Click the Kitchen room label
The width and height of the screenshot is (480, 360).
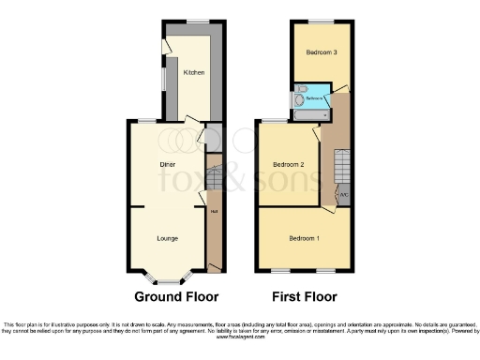click(194, 72)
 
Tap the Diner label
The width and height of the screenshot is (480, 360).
click(169, 165)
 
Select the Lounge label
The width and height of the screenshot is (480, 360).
click(169, 238)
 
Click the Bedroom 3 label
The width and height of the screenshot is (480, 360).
click(322, 52)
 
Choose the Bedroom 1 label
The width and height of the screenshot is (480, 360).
click(305, 237)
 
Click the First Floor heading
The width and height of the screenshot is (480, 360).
click(304, 297)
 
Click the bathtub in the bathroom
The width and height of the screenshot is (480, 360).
click(309, 114)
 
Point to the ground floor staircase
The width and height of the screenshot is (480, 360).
click(213, 175)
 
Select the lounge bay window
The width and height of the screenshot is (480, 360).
click(169, 279)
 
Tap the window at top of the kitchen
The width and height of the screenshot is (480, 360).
click(197, 21)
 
